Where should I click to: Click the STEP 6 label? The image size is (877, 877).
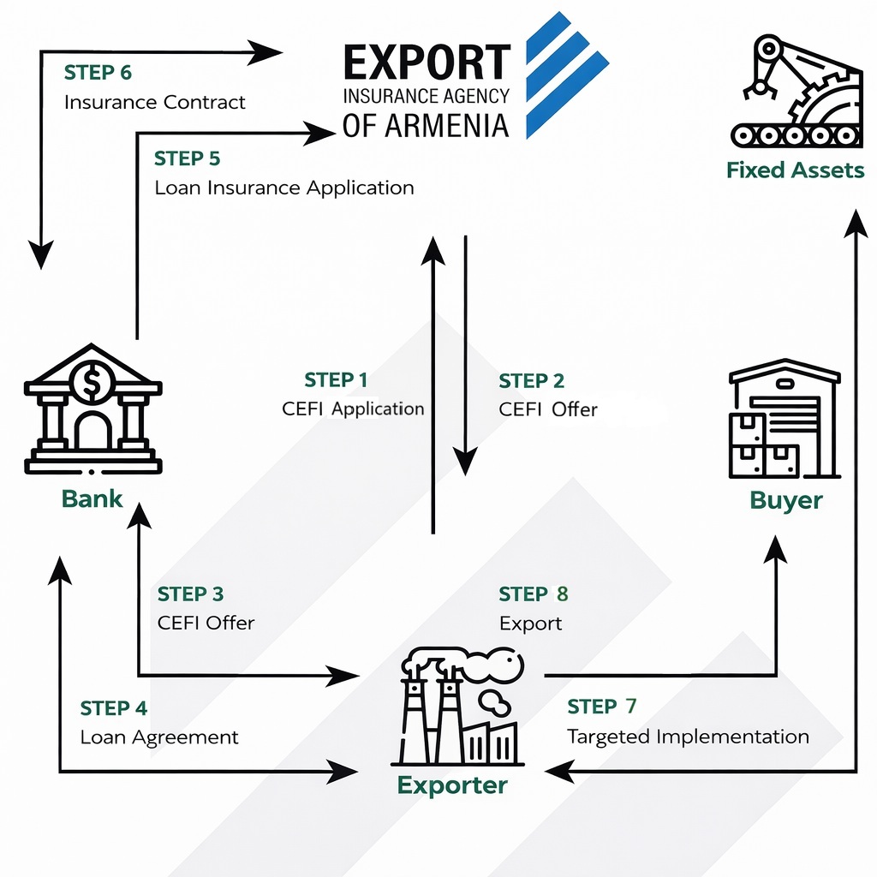[x=98, y=73]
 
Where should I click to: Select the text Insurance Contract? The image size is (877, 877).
[x=155, y=103]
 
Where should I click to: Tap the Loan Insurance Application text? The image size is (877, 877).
[x=284, y=188]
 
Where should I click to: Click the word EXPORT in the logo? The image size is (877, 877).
[x=426, y=64]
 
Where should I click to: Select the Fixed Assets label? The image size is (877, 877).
[x=796, y=170]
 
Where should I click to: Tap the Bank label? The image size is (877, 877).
[x=92, y=498]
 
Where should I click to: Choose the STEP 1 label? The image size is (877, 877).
[x=336, y=380]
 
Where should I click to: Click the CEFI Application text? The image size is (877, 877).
[x=353, y=409]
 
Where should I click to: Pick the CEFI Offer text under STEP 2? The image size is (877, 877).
[x=548, y=409]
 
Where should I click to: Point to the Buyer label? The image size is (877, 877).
[x=786, y=500]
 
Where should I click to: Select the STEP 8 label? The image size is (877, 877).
[x=533, y=594]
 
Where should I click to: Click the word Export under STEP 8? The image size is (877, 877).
[x=531, y=623]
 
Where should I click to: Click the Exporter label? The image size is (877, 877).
[x=452, y=785]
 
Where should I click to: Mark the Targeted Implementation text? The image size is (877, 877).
[x=688, y=737]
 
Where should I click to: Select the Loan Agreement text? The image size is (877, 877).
[x=159, y=737]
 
